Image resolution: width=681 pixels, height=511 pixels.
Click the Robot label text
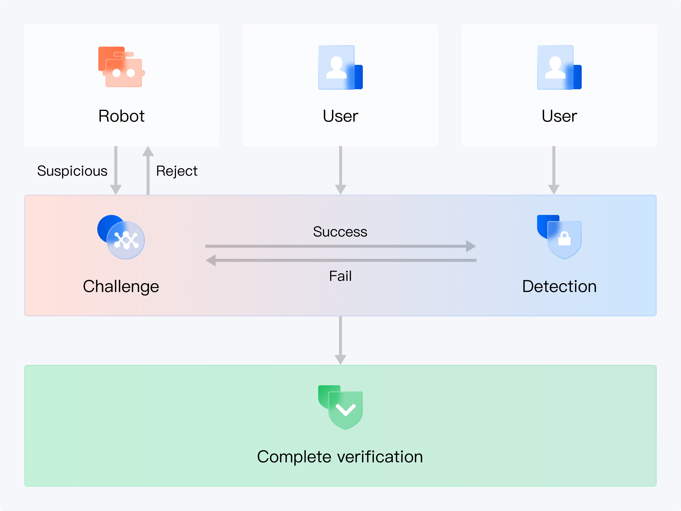pos(121,116)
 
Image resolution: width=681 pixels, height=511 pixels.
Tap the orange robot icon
pos(121,67)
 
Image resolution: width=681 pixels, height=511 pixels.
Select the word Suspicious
pos(72,171)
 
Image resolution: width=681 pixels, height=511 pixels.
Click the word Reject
pos(176,171)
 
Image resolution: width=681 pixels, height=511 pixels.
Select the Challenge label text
pos(121,286)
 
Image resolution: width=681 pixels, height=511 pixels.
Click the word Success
pos(340,232)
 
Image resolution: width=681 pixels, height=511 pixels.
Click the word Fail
pos(340,276)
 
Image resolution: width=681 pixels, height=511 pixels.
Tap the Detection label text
pos(559,286)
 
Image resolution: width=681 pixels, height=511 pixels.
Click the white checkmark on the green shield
pos(345,410)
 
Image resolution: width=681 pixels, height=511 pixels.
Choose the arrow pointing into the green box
pos(340,340)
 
